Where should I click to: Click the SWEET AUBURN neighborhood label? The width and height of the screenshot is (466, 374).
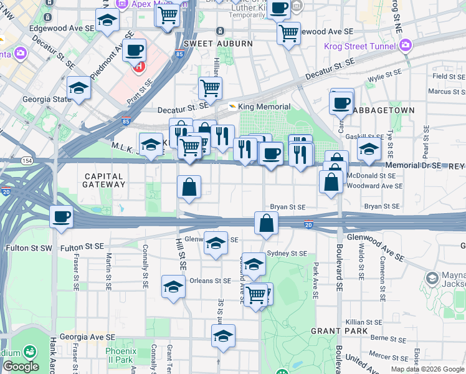[218, 44]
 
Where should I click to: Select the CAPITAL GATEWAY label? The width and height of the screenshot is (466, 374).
[105, 180]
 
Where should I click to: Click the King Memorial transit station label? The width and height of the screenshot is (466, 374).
[255, 107]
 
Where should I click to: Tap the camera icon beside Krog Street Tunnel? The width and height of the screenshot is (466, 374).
[407, 46]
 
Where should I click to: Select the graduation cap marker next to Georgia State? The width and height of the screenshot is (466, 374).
[79, 88]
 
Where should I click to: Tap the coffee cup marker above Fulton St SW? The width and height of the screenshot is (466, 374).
[62, 216]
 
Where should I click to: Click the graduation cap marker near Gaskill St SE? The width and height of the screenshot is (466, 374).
[369, 149]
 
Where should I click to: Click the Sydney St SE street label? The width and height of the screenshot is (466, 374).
[287, 254]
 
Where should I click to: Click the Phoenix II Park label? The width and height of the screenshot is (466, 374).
[120, 355]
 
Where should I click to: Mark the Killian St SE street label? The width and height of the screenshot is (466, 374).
[365, 322]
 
